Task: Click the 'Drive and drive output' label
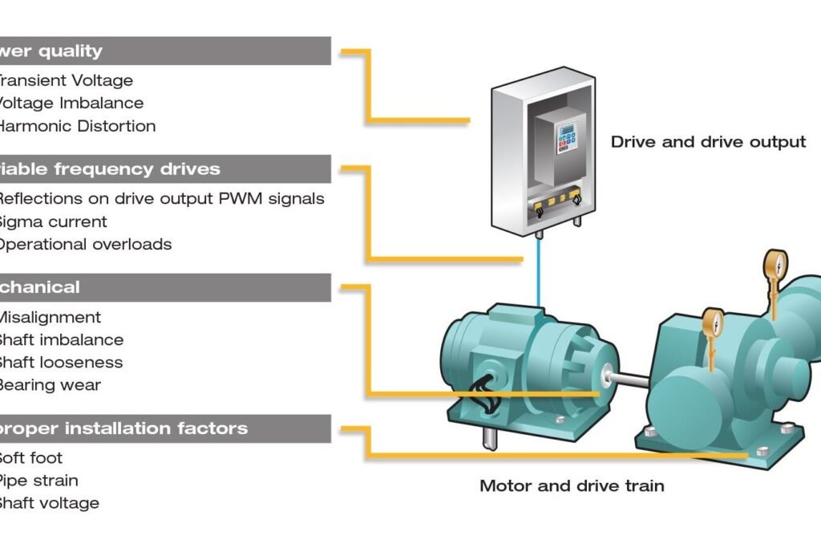(x=708, y=142)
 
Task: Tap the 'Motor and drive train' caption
(x=572, y=485)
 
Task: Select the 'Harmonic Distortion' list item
(x=77, y=126)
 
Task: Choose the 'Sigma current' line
(x=52, y=221)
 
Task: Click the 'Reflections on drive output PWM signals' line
(x=160, y=199)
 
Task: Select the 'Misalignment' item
(x=50, y=318)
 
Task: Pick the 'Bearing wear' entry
(x=50, y=385)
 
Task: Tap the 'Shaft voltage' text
(x=49, y=503)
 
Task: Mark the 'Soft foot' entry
(x=31, y=458)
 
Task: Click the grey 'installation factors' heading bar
(x=164, y=428)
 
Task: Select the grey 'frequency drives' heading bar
(x=164, y=169)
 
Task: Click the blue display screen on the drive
(x=568, y=129)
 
